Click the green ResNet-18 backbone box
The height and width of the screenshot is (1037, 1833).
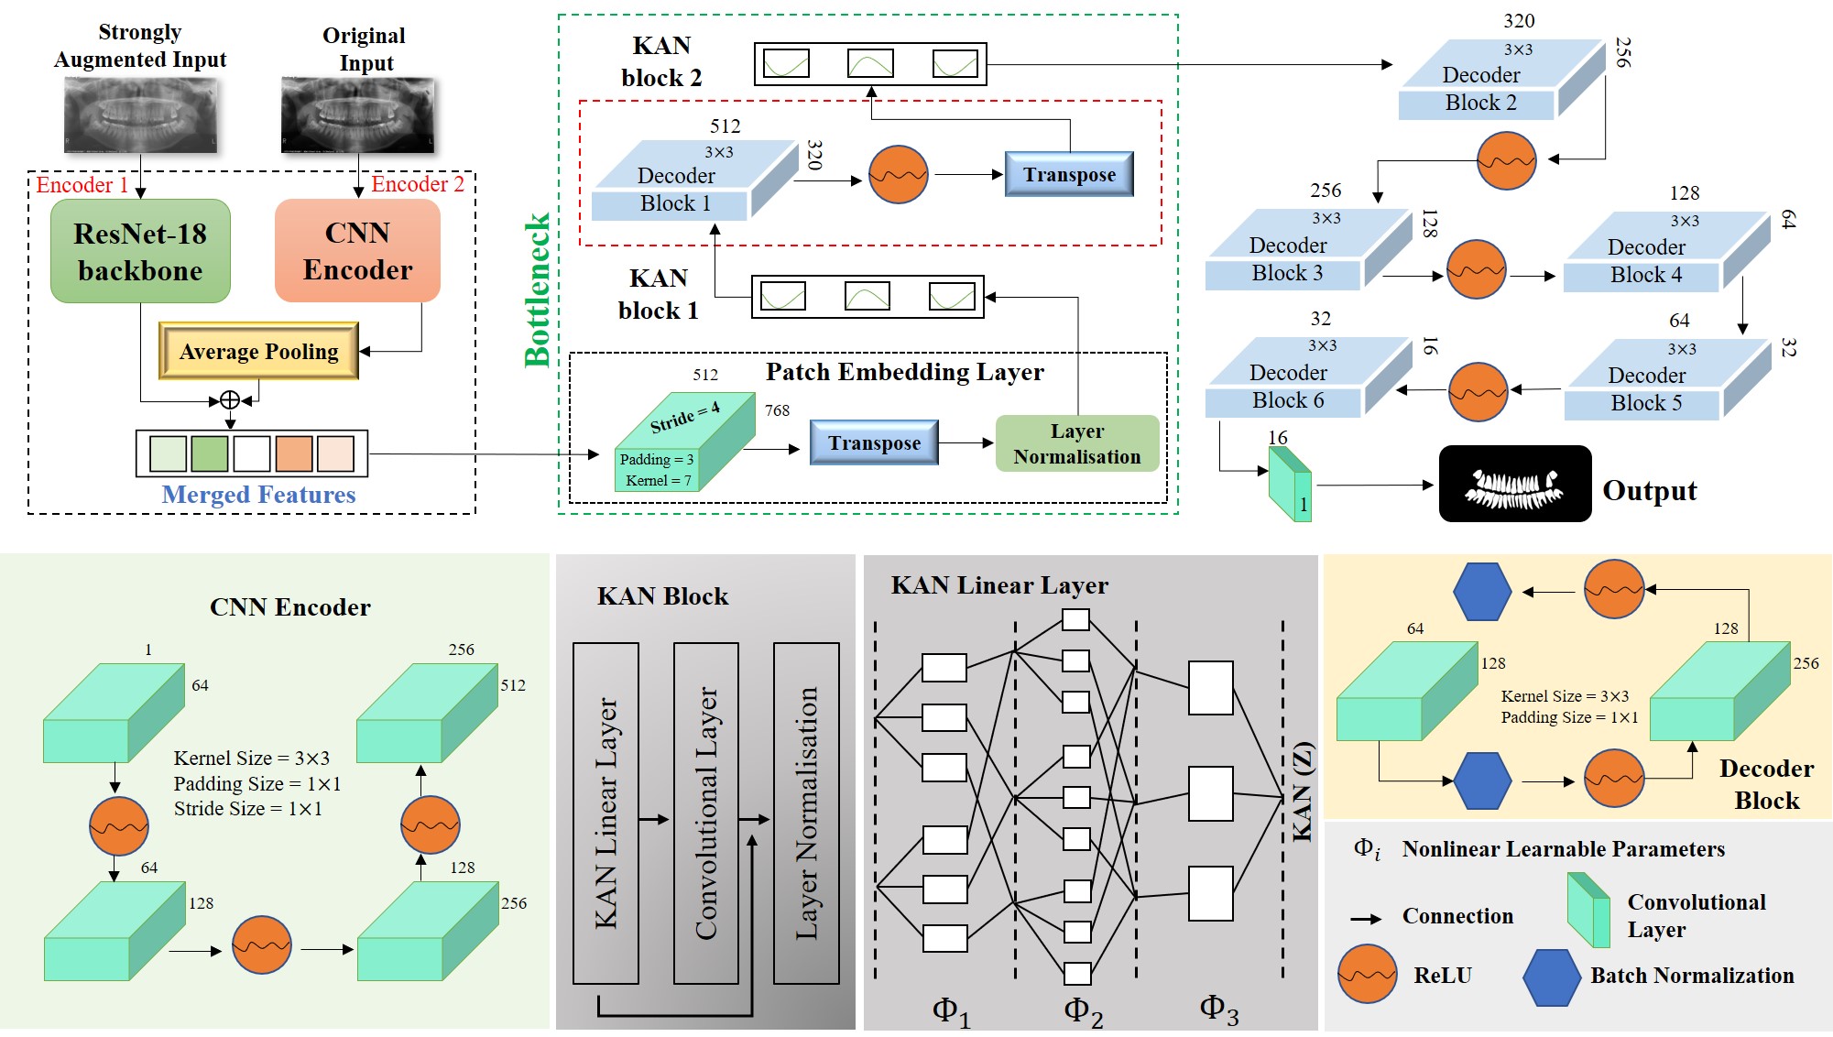coord(140,251)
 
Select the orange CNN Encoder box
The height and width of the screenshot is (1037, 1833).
coord(357,251)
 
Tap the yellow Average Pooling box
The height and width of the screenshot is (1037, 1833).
coord(258,351)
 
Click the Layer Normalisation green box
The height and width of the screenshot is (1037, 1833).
coord(1076,443)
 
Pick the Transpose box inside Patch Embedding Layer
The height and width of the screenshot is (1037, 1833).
coord(874,442)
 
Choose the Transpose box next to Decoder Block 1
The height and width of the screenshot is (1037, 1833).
coord(1069,174)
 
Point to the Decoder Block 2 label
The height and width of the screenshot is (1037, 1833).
coord(1480,89)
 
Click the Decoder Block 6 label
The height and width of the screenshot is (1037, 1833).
coord(1287,387)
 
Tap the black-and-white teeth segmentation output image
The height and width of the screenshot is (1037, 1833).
coord(1514,484)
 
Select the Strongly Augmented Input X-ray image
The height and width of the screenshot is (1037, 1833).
coord(140,114)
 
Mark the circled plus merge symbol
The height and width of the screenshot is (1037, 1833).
coord(230,399)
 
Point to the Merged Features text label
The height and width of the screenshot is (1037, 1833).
coord(258,495)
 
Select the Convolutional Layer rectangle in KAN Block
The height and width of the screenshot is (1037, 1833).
coord(705,813)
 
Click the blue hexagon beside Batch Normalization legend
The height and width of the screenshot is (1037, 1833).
coord(1551,977)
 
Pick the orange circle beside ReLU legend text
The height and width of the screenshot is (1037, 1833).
coord(1367,975)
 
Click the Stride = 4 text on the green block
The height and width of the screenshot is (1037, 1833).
coord(684,417)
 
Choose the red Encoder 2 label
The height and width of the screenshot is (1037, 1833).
coord(417,184)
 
